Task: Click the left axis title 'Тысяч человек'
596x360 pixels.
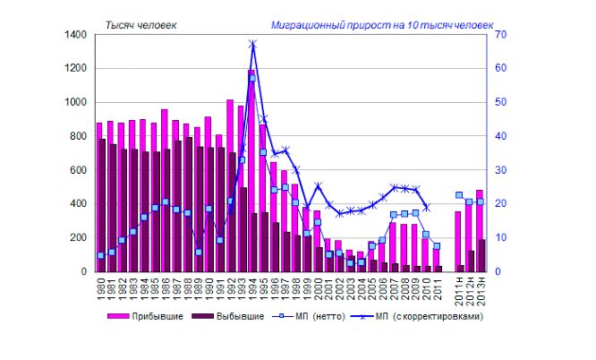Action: click(x=141, y=25)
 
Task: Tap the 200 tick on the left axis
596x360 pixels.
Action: click(x=79, y=237)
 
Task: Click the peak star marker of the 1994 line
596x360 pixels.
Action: click(x=252, y=43)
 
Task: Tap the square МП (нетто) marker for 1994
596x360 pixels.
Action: click(x=252, y=78)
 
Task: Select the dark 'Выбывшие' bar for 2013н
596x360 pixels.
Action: click(x=483, y=255)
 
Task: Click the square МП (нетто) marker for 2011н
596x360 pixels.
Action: click(x=459, y=194)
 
